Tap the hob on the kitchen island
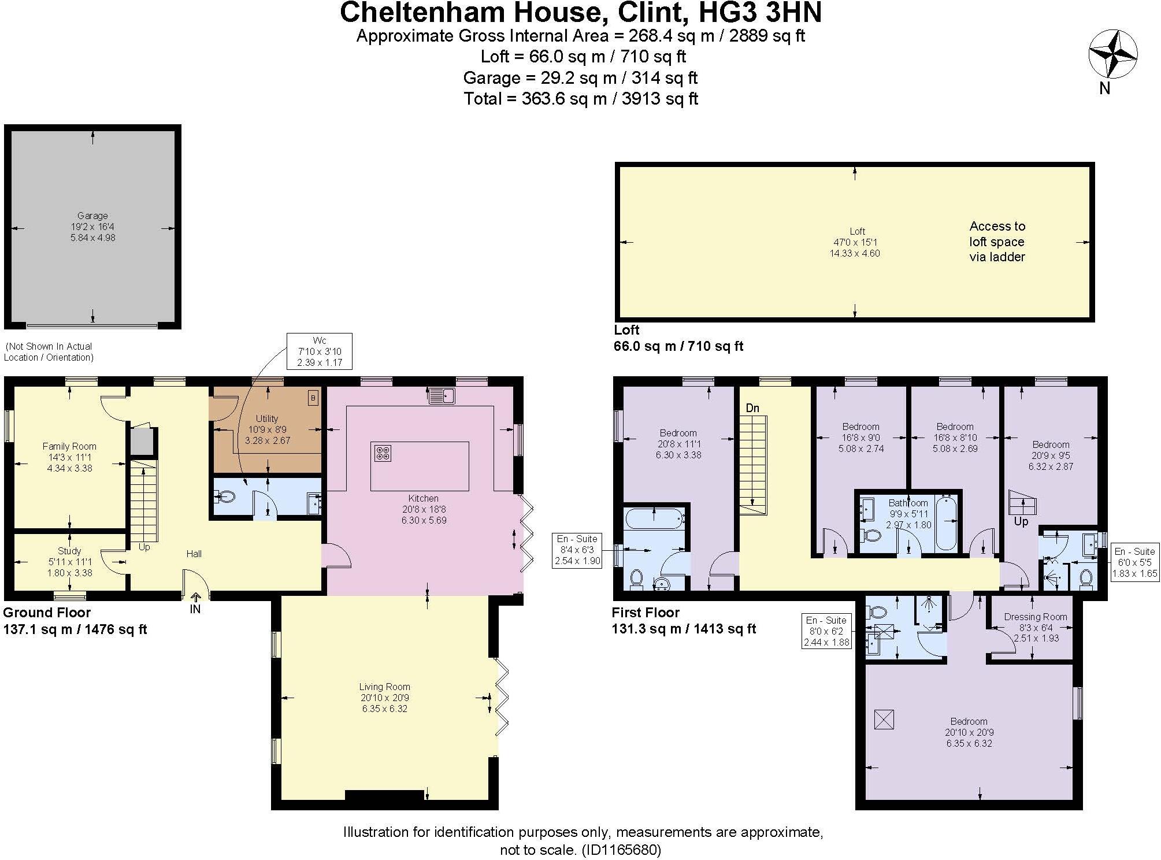[383, 453]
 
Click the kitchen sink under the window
[442, 396]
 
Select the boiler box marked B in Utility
[313, 398]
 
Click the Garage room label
[92, 216]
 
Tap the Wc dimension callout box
[320, 351]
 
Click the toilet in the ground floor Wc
[225, 496]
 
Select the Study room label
[69, 551]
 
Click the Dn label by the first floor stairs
[752, 408]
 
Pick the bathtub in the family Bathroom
[946, 522]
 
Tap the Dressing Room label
[1035, 617]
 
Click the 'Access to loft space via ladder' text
[997, 242]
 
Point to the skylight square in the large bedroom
[884, 720]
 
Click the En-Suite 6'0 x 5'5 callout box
[1134, 562]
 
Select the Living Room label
[384, 687]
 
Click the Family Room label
[69, 446]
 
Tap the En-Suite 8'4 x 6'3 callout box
[577, 550]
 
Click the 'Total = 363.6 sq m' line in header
[580, 99]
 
